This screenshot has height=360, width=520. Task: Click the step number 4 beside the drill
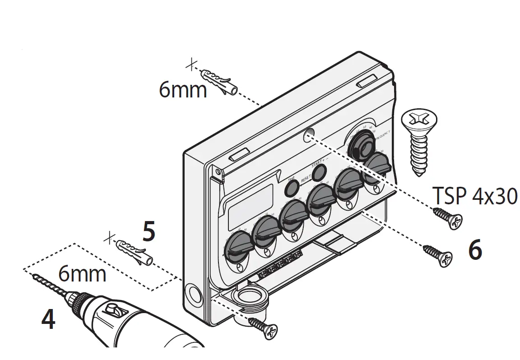tap(48, 319)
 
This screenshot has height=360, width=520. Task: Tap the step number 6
tap(475, 250)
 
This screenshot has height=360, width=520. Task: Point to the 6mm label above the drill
tap(82, 274)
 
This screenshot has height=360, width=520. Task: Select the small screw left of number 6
tap(437, 254)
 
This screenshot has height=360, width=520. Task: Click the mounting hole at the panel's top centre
tap(309, 134)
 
